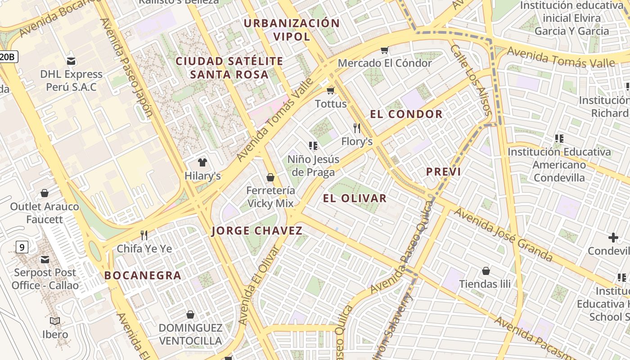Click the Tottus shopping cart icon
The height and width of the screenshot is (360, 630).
point(331,90)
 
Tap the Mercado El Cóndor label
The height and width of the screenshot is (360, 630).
point(385,63)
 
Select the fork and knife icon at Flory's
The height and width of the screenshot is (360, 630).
point(357,128)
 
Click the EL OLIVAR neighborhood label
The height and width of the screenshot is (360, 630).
point(355,198)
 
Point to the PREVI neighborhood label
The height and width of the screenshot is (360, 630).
point(443,171)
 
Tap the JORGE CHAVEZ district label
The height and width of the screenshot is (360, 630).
point(257,231)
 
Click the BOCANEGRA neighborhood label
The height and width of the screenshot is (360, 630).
point(143,275)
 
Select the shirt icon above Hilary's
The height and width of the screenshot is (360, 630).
point(202,162)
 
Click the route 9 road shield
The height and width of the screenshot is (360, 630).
point(21,247)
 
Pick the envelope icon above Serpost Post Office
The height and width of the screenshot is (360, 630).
point(45,259)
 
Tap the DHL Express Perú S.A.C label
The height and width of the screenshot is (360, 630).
point(71,80)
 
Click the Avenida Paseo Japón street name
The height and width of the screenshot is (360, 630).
point(127,67)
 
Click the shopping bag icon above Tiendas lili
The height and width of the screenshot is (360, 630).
point(486,271)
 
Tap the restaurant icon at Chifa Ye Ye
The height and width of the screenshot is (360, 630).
point(144,235)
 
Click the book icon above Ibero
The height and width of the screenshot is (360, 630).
point(55,321)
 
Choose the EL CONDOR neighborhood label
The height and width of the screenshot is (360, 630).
point(406,114)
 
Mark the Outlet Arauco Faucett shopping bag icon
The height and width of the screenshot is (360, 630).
point(45,193)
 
